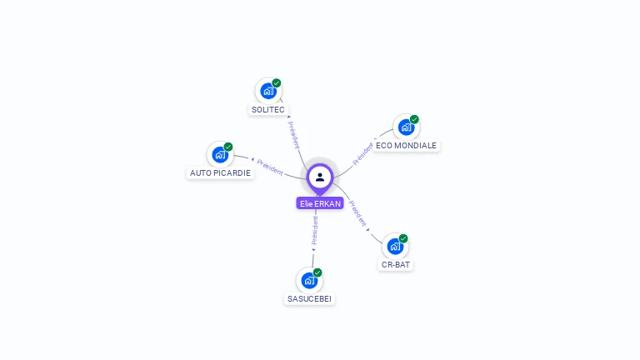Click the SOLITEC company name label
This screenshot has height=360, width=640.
[267, 110]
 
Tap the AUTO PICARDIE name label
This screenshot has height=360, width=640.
[220, 173]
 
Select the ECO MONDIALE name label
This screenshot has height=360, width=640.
[406, 145]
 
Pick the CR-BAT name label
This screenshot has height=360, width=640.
[396, 265]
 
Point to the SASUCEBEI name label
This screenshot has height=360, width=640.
[309, 298]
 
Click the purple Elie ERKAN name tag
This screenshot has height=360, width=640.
[320, 203]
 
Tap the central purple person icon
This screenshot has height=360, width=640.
[320, 177]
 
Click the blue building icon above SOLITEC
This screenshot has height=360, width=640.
[267, 91]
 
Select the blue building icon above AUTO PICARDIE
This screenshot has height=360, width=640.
[220, 154]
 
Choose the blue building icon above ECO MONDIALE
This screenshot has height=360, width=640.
[405, 127]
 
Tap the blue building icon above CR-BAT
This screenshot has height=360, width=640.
[395, 247]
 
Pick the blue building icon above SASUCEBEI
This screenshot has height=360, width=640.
[309, 280]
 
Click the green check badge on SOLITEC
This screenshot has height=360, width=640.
[277, 82]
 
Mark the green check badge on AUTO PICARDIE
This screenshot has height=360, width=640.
[228, 147]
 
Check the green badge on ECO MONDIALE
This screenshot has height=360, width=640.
[414, 119]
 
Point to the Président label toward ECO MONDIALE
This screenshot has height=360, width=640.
[362, 154]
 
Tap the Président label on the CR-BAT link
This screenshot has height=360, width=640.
[357, 213]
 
